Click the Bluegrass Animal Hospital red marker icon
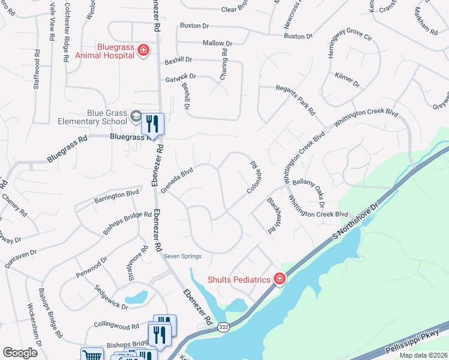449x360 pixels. (143, 50)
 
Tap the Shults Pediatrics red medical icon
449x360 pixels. (279, 278)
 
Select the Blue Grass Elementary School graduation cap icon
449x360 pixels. (137, 116)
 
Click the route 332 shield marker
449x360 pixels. (206, 327)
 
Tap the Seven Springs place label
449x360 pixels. (182, 256)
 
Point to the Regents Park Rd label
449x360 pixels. (295, 99)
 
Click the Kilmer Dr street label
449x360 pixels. (348, 82)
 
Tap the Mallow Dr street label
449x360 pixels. (217, 44)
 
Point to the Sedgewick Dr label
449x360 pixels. (112, 296)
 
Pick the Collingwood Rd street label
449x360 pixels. (116, 327)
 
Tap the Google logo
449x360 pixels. (20, 353)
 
